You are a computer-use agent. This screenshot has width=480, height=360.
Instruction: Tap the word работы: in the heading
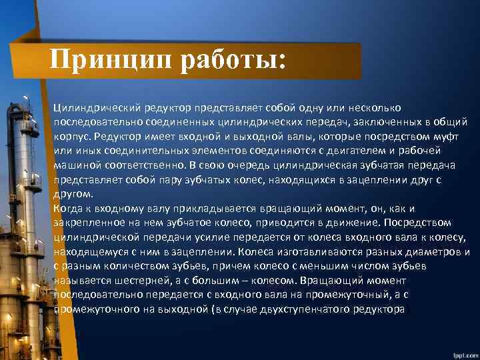(233, 61)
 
